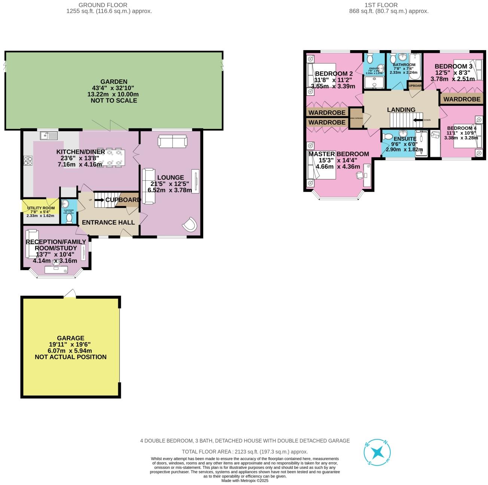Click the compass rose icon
[378, 452]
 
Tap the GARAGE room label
[70, 338]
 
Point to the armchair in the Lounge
[190, 225]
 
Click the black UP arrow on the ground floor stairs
[100, 200]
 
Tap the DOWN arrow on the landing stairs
[418, 120]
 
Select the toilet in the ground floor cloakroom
[69, 219]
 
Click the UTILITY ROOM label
[40, 208]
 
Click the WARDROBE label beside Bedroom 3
[462, 99]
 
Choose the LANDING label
[401, 110]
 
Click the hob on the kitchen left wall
[28, 161]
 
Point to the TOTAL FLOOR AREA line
[244, 452]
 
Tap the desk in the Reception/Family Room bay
[56, 269]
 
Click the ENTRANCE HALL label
[108, 222]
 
